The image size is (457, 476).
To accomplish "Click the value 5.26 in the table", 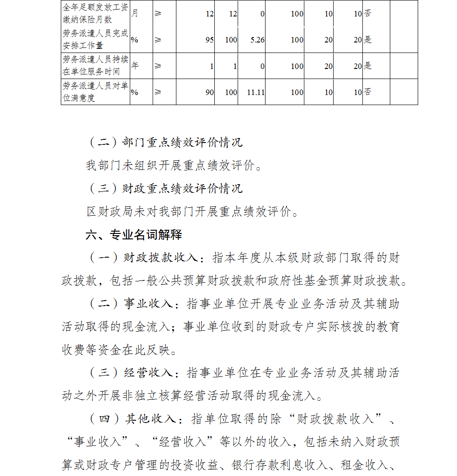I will coord(257,40).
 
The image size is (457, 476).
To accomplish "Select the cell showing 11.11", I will coord(255,92).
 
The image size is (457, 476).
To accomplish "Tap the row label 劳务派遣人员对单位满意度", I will coord(95,92).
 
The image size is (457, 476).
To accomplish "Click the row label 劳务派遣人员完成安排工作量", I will coord(95,40).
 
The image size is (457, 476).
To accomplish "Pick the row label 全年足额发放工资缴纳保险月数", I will coord(95,14).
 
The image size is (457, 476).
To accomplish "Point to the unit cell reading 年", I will coord(135,65).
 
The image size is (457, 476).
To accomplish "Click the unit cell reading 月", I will coord(135,14).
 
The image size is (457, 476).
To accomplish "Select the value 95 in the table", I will coord(209,40).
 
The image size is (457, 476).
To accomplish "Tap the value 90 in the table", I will coord(209,92).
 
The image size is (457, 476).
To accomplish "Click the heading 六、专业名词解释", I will coord(133,235).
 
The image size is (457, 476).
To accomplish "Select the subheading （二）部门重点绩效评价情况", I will coord(165,142).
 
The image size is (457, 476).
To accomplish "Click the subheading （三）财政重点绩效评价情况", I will coord(165,188).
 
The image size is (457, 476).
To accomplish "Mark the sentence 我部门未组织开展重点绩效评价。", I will coord(175,165).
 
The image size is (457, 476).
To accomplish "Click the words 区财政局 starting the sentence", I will coord(105,212).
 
